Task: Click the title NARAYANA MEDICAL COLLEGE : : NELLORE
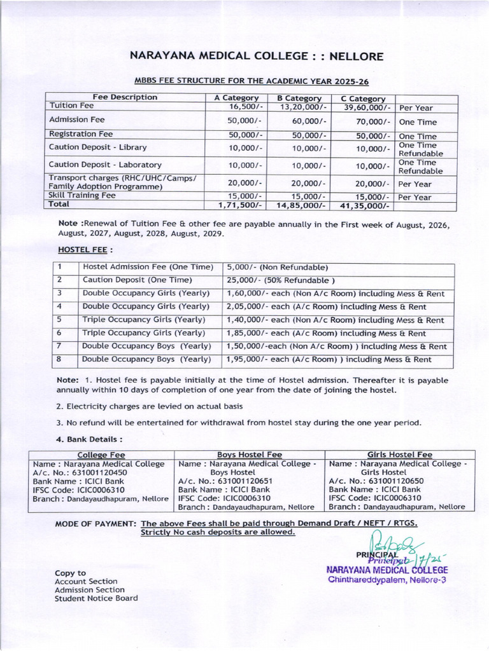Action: coord(257,57)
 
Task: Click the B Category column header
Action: coord(299,98)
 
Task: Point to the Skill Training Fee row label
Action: coord(82,195)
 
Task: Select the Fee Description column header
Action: coord(125,97)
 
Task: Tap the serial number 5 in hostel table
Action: coord(59,320)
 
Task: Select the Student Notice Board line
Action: coord(96,598)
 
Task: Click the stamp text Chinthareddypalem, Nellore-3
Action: coord(388,580)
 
